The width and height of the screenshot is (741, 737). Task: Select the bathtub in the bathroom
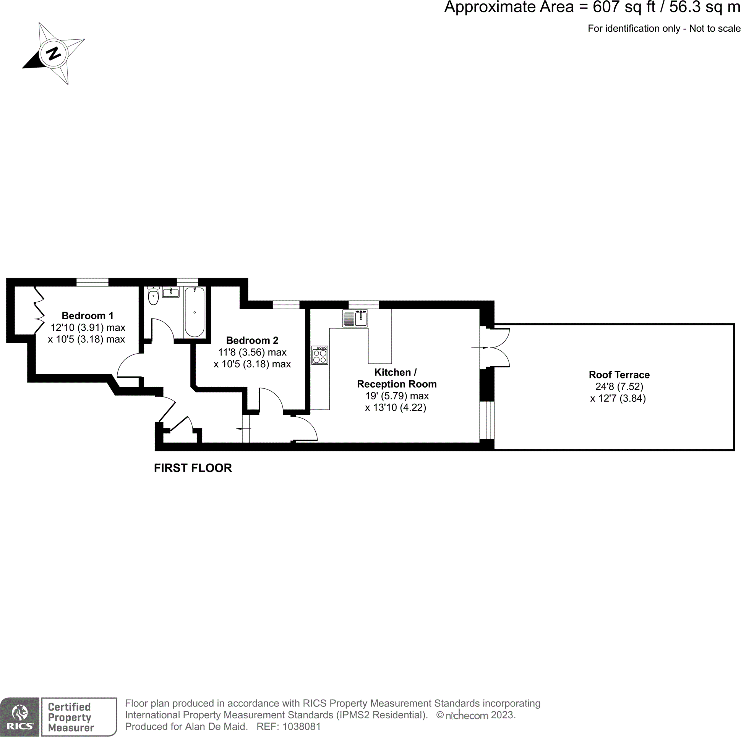195,312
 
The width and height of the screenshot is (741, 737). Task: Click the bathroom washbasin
171,293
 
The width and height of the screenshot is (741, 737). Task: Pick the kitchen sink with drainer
355,318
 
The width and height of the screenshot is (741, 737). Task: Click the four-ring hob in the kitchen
319,355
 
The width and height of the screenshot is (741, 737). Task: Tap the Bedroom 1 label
88,316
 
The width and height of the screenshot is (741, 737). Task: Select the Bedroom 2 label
252,340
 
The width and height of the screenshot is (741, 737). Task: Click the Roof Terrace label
619,375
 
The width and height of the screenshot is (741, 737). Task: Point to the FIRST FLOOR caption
193,468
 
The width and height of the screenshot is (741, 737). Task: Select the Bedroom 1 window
92,283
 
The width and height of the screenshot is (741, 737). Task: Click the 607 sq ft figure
624,7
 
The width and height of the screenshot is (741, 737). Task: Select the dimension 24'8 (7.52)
619,387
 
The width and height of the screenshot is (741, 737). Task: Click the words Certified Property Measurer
71,717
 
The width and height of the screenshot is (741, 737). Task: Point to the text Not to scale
715,29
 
